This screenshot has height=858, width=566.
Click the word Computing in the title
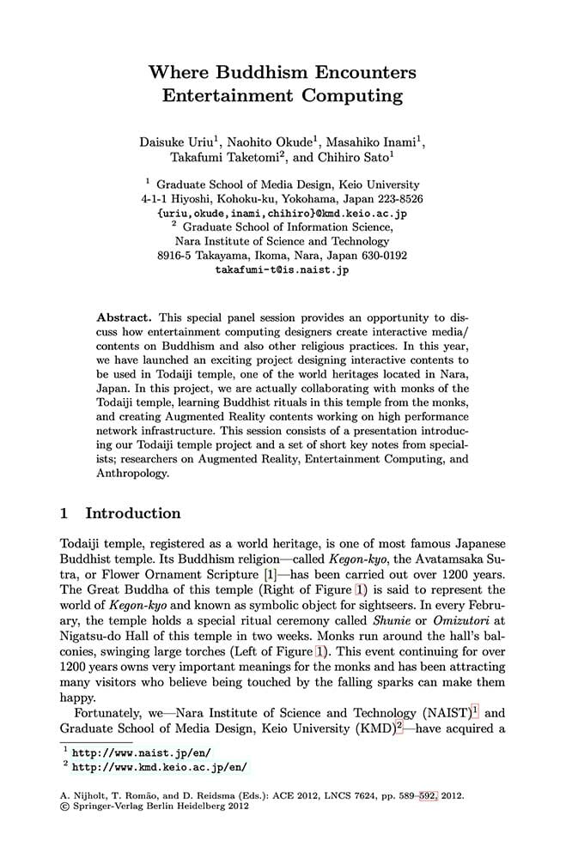coord(341,94)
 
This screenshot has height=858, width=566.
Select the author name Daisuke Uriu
coord(175,140)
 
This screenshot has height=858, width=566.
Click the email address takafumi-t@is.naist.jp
coord(282,269)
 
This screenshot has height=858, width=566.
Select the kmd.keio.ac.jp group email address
coord(283,213)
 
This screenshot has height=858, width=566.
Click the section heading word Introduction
coord(133,514)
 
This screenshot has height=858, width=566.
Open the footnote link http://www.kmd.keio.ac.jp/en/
coord(164,767)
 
